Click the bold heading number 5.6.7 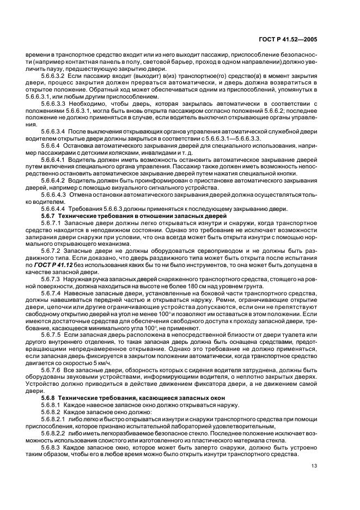pos(50,217)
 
